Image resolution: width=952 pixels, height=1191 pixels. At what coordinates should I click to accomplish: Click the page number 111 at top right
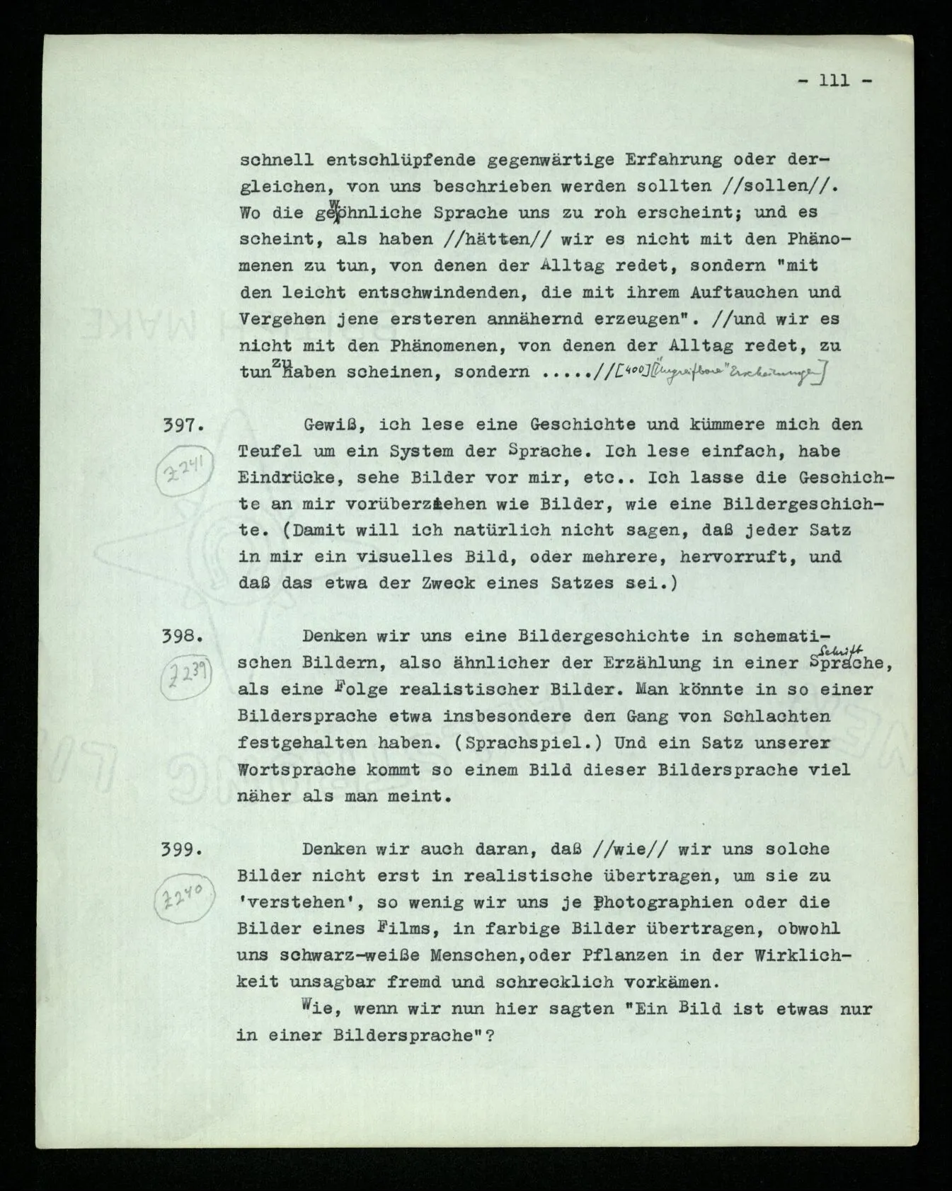[835, 81]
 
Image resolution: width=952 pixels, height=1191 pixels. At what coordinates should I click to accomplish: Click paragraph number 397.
[184, 425]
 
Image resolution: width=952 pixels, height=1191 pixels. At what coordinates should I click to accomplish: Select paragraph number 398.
[184, 636]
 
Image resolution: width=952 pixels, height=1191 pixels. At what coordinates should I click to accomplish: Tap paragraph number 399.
[184, 849]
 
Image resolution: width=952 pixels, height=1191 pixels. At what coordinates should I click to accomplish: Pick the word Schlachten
[776, 716]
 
